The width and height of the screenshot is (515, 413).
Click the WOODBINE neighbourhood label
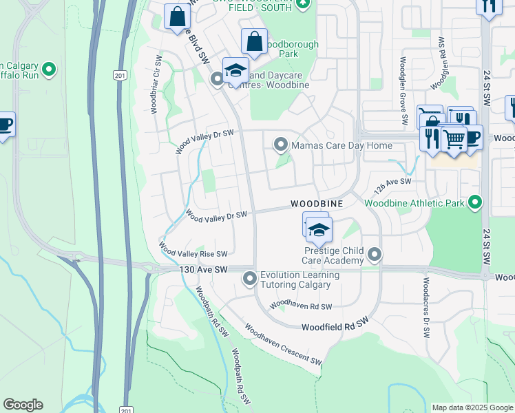click(x=316, y=204)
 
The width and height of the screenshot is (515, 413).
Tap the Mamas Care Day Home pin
click(x=280, y=145)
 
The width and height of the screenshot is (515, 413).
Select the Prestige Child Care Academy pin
click(x=375, y=255)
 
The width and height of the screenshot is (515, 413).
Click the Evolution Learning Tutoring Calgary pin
click(x=249, y=279)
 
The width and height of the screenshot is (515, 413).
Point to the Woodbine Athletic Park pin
click(x=474, y=203)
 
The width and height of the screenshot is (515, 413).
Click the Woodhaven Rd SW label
click(x=301, y=305)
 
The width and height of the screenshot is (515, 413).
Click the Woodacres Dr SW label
click(x=426, y=307)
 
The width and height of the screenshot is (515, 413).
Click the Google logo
click(x=23, y=405)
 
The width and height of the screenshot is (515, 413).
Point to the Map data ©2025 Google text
click(x=472, y=407)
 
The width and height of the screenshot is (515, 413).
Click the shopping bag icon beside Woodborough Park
click(x=254, y=41)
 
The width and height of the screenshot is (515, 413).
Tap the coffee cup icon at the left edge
click(x=5, y=125)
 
